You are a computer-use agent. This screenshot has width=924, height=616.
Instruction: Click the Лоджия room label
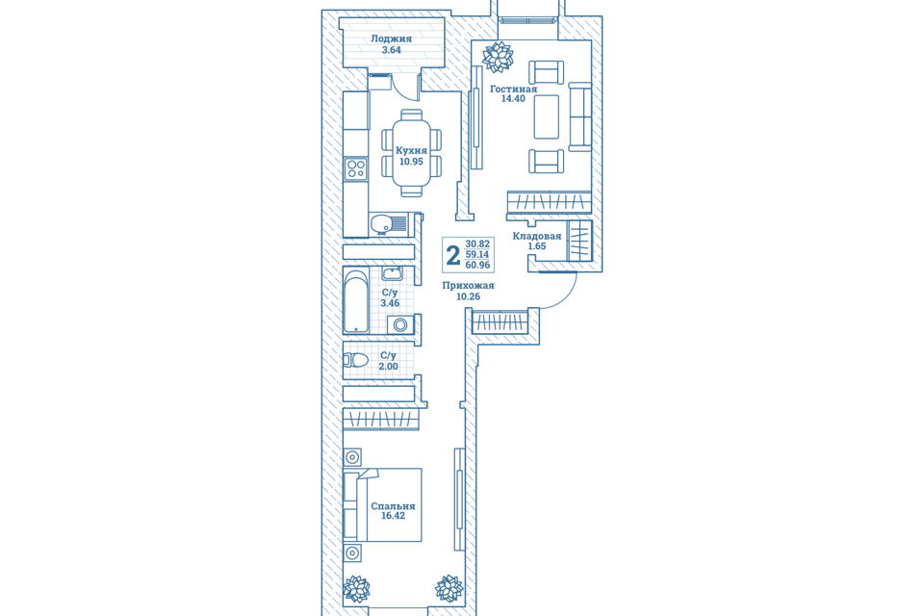[392, 38]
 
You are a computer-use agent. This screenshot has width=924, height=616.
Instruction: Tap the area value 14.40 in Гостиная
[513, 99]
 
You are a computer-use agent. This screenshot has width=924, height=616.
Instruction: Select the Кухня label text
[411, 150]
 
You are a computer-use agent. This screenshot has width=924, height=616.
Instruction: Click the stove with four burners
[355, 168]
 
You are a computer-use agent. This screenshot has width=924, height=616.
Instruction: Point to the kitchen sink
[388, 224]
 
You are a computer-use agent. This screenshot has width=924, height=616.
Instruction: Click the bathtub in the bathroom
[356, 300]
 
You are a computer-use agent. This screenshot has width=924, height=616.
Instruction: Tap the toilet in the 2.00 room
[356, 360]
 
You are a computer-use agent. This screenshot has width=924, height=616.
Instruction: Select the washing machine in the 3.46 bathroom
[400, 324]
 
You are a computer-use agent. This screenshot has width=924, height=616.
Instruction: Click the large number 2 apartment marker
[452, 255]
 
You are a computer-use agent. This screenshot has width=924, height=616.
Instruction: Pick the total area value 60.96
[477, 266]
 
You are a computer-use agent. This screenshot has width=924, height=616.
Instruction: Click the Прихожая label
[469, 285]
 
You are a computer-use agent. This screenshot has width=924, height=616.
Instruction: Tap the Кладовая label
[537, 237]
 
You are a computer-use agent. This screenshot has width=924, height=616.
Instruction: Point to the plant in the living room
[498, 57]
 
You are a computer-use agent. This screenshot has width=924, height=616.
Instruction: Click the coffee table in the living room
[547, 116]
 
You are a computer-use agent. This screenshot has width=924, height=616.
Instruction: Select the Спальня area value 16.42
[393, 516]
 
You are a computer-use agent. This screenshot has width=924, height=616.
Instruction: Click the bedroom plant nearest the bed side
[356, 589]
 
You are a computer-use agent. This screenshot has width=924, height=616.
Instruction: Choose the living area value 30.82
[477, 244]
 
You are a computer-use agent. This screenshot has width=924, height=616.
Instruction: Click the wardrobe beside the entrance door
[498, 321]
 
